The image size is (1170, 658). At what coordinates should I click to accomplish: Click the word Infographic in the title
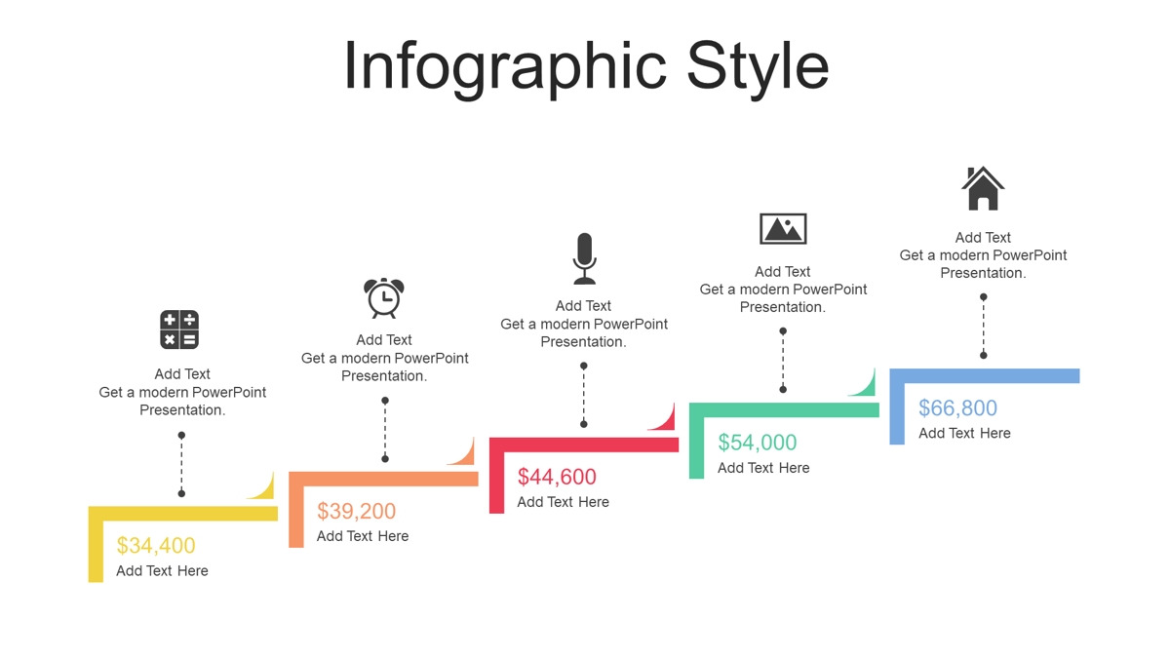coord(505,68)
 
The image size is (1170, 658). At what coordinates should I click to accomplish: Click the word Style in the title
coord(758,68)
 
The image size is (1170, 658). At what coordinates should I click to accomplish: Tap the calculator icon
coord(179,329)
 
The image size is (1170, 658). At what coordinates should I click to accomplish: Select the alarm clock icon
coord(384,298)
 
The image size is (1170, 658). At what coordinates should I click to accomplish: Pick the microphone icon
coord(584,258)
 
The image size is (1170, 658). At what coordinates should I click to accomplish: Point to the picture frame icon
coord(783,229)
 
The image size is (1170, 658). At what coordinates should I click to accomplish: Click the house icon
coord(983,188)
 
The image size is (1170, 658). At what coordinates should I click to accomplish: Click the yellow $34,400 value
coord(156,545)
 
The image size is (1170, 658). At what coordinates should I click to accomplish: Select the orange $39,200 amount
coord(356,511)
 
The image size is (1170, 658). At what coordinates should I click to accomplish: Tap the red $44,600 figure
coord(557,477)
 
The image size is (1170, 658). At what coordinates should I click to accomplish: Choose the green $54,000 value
coord(758,443)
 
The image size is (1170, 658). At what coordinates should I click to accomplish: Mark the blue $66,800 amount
coord(957,407)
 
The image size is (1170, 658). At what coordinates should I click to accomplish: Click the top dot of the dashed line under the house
coord(984,297)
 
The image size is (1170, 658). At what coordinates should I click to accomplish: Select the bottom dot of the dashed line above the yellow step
coord(181,493)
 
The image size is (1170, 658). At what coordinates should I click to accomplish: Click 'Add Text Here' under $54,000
coord(763,468)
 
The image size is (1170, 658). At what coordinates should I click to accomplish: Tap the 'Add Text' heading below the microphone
coord(583,305)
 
